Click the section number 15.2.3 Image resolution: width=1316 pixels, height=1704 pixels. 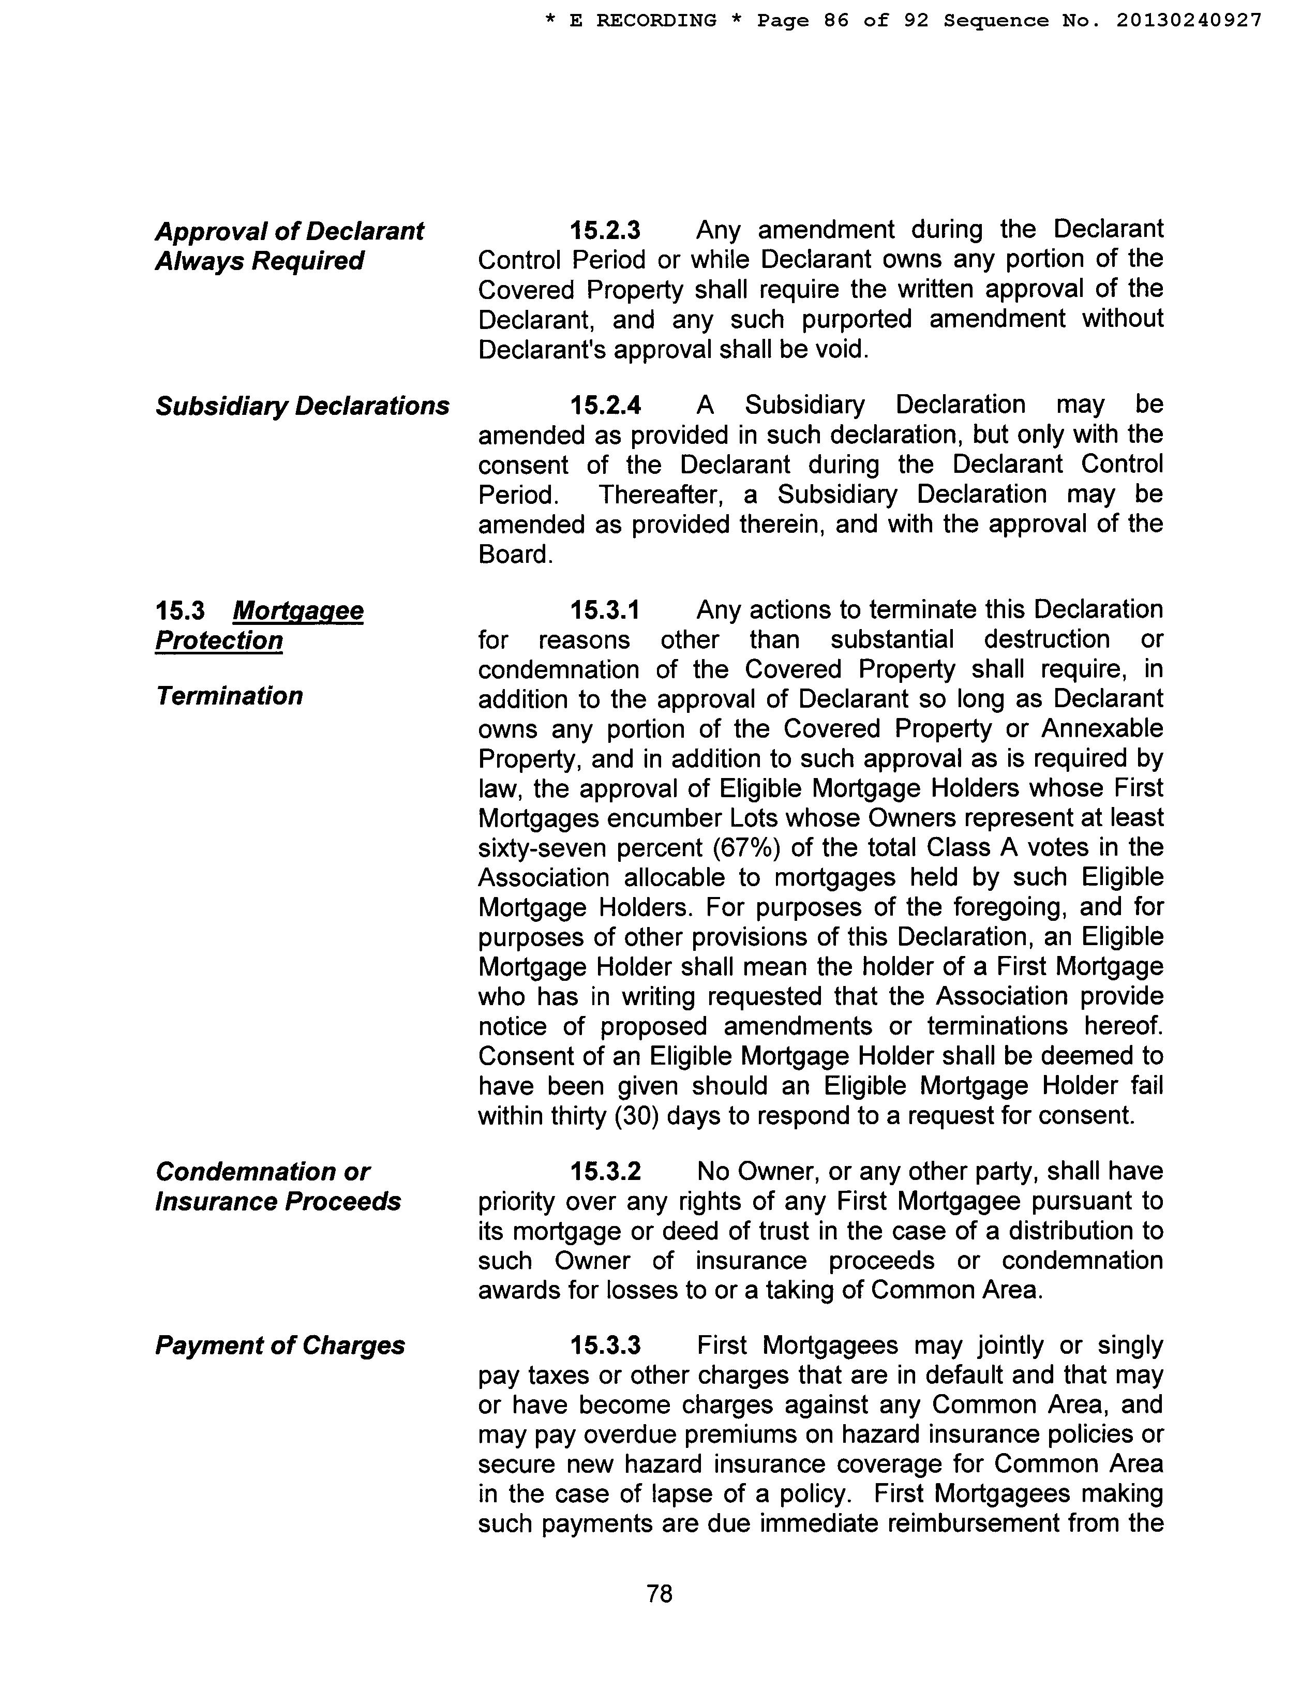tap(605, 230)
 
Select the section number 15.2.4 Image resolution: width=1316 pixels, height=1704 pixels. tap(605, 405)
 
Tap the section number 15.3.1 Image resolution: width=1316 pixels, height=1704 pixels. tap(605, 609)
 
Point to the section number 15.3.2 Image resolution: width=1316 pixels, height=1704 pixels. tap(605, 1171)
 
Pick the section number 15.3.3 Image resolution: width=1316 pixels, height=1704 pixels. tap(605, 1345)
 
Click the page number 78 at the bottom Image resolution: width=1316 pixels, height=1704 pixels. tap(659, 1593)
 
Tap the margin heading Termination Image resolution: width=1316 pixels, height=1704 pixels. tap(229, 695)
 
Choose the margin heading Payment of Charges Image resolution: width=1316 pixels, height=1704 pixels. tap(279, 1345)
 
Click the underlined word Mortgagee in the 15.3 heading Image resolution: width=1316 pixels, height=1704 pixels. tap(298, 610)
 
